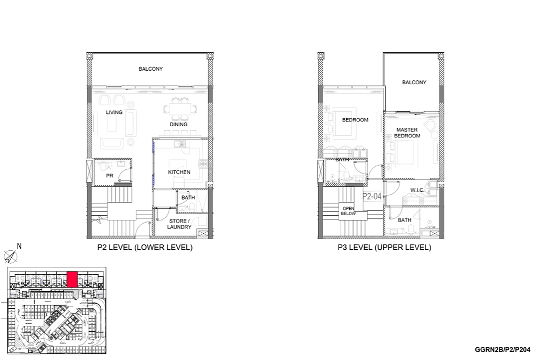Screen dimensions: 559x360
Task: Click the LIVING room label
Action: pos(114,112)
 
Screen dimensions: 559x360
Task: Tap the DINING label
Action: pos(178,125)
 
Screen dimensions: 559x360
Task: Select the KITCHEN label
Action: pos(179,172)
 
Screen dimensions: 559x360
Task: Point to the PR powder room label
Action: pos(110,176)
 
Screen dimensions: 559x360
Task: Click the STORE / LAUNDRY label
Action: pos(179,224)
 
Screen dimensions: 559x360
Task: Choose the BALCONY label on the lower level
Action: pos(151,69)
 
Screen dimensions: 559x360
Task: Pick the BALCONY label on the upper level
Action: pos(414,83)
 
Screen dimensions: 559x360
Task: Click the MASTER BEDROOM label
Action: pos(407,133)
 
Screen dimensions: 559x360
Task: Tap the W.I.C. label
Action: pos(417,190)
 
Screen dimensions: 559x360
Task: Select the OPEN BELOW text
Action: pos(348,211)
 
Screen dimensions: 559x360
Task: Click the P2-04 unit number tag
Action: pos(372,196)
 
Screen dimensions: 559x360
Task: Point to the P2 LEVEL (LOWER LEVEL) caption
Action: pos(145,247)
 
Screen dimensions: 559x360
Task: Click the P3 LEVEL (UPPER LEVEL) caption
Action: pos(384,247)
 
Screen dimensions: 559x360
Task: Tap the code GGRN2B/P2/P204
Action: pos(503,350)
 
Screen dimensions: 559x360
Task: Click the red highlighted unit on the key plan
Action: pos(72,279)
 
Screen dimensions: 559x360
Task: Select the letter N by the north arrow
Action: pos(19,246)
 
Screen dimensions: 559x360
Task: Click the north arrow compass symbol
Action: pos(11,257)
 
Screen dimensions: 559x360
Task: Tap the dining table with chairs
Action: pos(180,109)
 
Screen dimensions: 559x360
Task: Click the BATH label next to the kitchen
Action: pos(188,198)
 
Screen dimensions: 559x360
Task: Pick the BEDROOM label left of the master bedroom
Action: pos(355,120)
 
